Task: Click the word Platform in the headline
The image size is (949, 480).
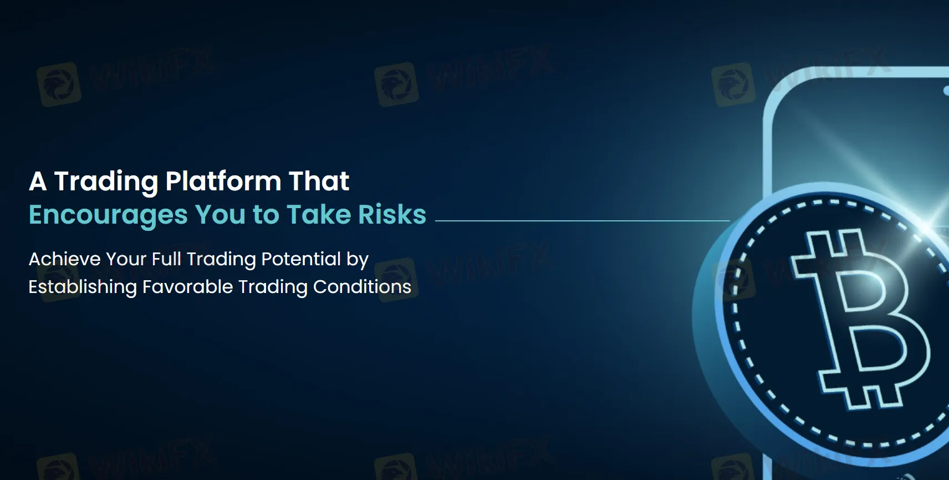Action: (x=223, y=181)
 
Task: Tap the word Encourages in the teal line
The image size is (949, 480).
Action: (x=108, y=215)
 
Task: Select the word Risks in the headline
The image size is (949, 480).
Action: (x=392, y=214)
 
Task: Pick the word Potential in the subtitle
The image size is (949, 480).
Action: (x=301, y=259)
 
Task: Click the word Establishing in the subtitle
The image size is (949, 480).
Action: (x=83, y=287)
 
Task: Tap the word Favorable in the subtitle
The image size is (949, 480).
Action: (x=188, y=287)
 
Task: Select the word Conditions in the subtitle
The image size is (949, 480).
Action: (x=362, y=287)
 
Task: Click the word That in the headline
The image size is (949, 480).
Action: (x=319, y=181)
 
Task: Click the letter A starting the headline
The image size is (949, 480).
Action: (x=38, y=181)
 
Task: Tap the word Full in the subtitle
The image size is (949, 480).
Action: (x=166, y=259)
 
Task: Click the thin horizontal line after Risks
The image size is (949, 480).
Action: (x=583, y=220)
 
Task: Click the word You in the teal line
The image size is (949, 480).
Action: (x=220, y=214)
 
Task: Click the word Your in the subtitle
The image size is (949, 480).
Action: (x=126, y=259)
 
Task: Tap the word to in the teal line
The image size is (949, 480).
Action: (x=266, y=215)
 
